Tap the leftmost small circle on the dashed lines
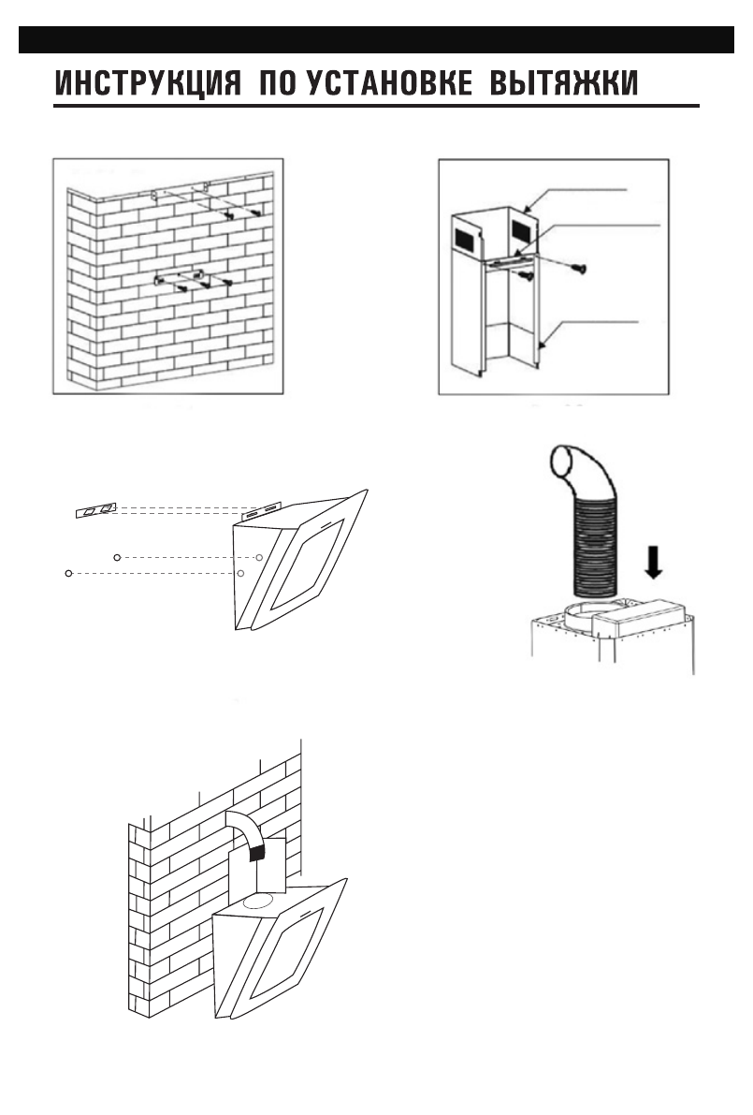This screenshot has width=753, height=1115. coord(68,572)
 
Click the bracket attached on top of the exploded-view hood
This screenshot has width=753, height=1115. coord(261,510)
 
